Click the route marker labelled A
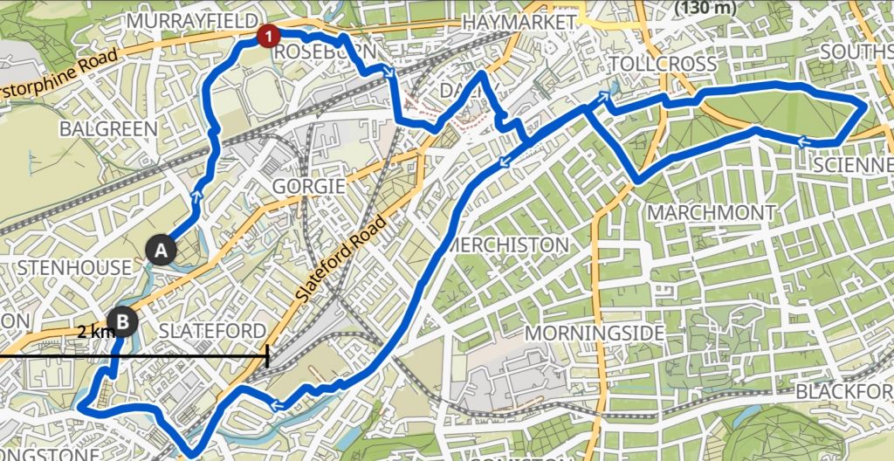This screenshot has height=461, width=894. pyautogui.click(x=160, y=251)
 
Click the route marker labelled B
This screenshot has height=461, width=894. pyautogui.click(x=123, y=322)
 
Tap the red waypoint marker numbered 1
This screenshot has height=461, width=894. pyautogui.click(x=269, y=36)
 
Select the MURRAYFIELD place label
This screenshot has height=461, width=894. pyautogui.click(x=193, y=20)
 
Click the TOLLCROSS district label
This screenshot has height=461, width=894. pyautogui.click(x=663, y=64)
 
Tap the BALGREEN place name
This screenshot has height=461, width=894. pyautogui.click(x=109, y=128)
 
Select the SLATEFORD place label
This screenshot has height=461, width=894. pyautogui.click(x=211, y=330)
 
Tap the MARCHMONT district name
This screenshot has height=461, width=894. pyautogui.click(x=711, y=212)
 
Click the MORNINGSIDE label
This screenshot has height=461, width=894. pyautogui.click(x=595, y=333)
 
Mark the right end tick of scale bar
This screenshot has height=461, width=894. pyautogui.click(x=267, y=357)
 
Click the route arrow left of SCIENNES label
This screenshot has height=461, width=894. pyautogui.click(x=801, y=140)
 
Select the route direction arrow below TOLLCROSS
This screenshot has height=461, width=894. pyautogui.click(x=604, y=98)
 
